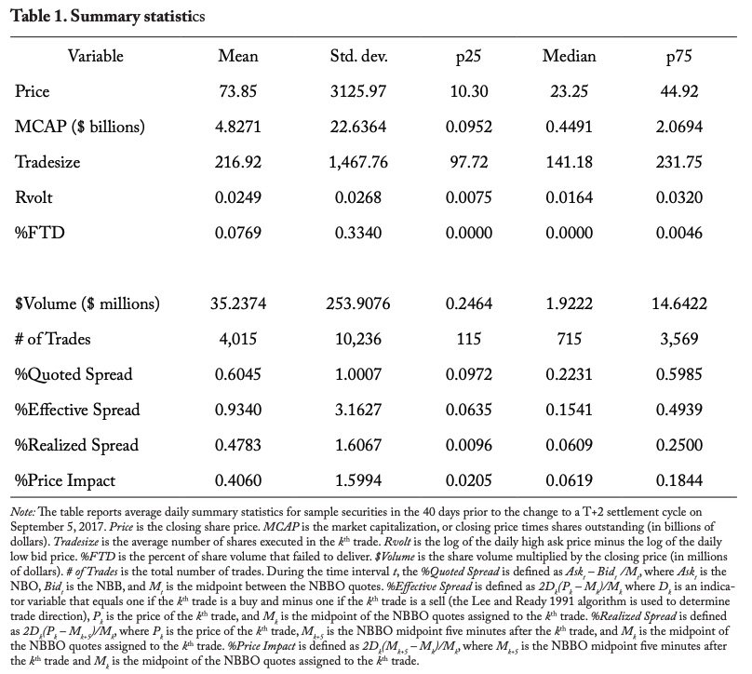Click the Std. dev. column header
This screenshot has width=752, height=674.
click(358, 56)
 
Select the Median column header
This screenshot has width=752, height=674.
click(570, 56)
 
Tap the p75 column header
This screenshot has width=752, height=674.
click(679, 57)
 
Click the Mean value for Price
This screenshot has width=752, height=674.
click(238, 91)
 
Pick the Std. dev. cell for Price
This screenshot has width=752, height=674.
click(358, 91)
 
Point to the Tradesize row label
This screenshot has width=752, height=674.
click(47, 162)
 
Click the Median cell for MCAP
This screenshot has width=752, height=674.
click(570, 127)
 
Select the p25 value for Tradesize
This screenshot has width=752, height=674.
click(468, 162)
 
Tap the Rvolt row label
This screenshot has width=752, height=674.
click(34, 197)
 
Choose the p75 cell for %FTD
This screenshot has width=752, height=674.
click(679, 233)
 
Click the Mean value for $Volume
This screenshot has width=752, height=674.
click(238, 303)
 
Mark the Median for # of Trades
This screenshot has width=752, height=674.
click(570, 339)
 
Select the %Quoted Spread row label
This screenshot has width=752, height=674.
click(74, 374)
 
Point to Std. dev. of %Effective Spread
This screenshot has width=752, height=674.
click(358, 410)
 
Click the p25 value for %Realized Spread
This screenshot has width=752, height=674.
click(468, 445)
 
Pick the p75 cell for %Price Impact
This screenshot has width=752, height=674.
click(679, 480)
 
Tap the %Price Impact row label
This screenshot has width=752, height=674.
click(65, 480)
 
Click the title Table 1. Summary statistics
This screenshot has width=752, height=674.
click(108, 17)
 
